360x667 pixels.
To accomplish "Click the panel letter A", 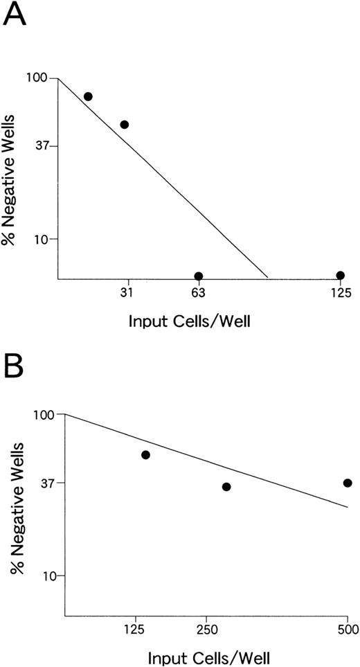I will coord(17,15).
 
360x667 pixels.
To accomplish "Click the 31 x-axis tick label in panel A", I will coord(127,293).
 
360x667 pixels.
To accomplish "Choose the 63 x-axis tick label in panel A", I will coord(198,293).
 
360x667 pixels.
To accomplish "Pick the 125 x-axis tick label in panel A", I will coord(340,293).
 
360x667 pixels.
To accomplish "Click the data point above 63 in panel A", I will coord(199,276).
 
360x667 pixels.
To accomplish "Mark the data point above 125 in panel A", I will coord(340,275).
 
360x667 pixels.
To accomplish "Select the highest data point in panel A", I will coord(88,96).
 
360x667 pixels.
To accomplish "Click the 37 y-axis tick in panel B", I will coord(46,483).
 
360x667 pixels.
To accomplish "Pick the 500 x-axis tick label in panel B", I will coord(347,630).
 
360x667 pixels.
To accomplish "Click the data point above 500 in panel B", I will coord(348,483).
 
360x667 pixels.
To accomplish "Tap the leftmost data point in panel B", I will coord(145,454).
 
